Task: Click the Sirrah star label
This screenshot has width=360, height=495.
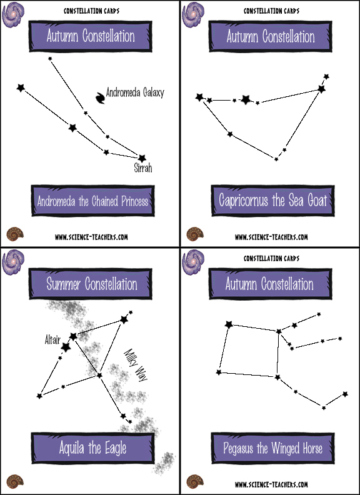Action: click(143, 168)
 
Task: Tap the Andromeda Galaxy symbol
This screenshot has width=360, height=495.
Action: click(101, 98)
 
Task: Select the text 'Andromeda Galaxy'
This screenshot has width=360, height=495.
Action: click(135, 92)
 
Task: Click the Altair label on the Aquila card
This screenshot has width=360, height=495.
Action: click(52, 340)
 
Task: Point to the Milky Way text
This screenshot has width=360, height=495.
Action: click(136, 365)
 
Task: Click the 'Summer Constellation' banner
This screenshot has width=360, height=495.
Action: click(91, 284)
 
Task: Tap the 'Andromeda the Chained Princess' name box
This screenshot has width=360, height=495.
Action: click(93, 201)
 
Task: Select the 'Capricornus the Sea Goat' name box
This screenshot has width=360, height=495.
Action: click(273, 201)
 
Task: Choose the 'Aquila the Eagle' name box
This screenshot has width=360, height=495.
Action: click(93, 448)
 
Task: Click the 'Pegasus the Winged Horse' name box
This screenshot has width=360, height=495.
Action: click(273, 448)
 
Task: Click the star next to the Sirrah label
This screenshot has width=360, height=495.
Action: click(142, 158)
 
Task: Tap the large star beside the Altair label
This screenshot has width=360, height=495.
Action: click(66, 347)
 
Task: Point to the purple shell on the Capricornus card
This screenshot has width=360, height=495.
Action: click(193, 14)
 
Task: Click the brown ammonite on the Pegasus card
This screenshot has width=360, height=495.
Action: click(195, 481)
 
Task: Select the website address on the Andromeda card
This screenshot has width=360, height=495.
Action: click(91, 237)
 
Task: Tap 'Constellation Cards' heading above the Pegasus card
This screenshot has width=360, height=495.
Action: click(271, 258)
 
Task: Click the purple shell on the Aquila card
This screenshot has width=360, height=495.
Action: click(13, 262)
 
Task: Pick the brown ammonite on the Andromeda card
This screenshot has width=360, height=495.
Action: click(15, 234)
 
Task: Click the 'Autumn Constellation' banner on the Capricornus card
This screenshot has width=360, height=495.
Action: click(271, 36)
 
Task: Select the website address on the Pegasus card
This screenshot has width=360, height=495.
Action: click(271, 484)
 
